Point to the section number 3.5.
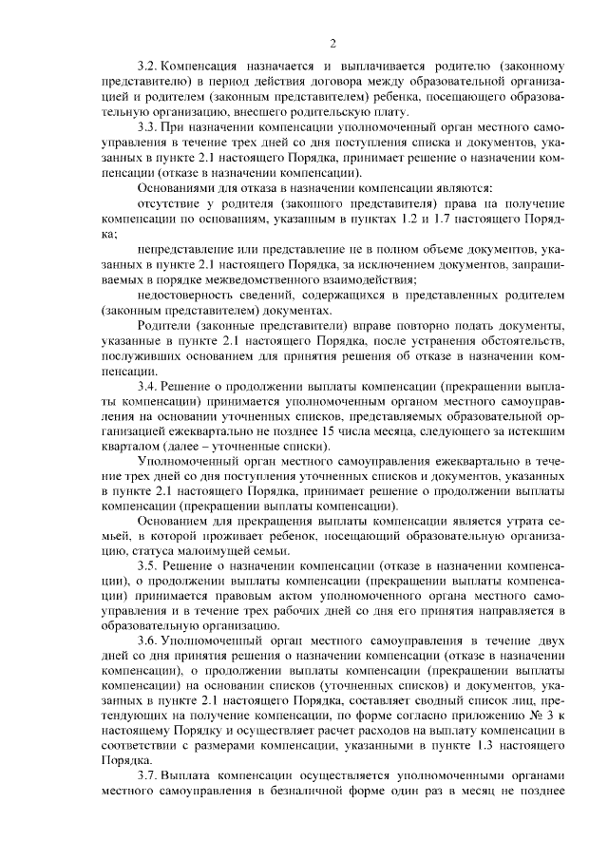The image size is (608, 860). coord(147,564)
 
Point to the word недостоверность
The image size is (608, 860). coord(179,296)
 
